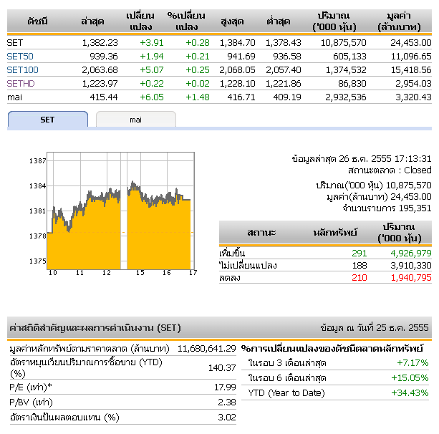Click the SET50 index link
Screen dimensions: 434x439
(20, 56)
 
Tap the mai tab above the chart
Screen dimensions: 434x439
(135, 120)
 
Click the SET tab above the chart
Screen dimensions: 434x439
(47, 120)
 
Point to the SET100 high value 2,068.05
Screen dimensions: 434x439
(237, 69)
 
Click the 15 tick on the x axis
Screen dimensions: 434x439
(140, 273)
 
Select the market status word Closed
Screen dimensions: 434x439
(418, 170)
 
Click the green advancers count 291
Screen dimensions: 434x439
(359, 253)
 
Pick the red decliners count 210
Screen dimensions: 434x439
(359, 277)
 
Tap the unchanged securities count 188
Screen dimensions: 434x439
(359, 265)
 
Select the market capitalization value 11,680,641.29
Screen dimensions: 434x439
(206, 348)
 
